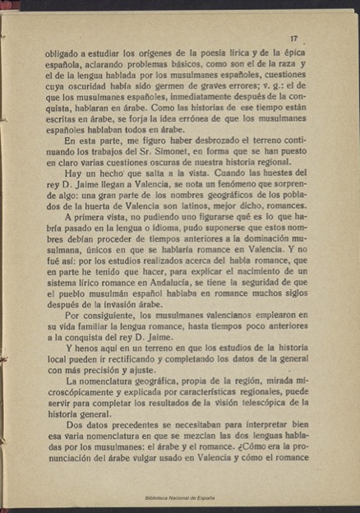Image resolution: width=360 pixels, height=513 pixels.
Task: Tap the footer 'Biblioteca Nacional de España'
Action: [x=179, y=499]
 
